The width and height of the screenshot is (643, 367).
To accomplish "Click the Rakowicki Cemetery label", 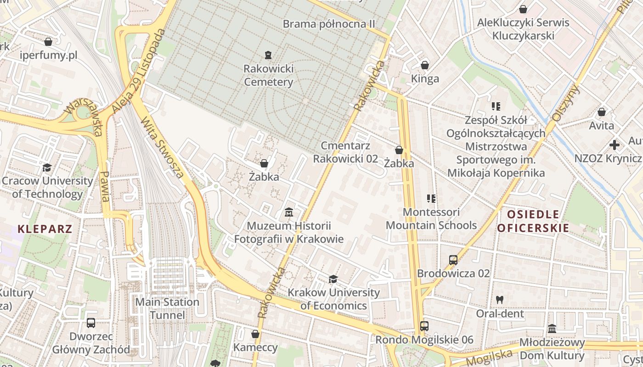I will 268,75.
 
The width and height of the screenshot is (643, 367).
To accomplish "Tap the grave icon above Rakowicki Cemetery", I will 268,56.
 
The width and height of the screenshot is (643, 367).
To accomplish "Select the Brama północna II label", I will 329,24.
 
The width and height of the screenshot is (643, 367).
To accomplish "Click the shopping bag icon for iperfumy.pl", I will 48,42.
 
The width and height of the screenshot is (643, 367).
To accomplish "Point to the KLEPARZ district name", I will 45,228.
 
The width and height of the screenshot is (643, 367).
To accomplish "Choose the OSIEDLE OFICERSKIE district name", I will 533,221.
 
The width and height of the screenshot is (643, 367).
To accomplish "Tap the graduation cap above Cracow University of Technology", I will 47,167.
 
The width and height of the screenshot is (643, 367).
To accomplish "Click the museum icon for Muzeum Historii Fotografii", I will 289,212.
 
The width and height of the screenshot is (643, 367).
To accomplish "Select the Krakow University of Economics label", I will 333,299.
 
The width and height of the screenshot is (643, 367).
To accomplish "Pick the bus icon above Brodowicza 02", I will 453,260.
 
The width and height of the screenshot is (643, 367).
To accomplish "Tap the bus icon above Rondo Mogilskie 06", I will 424,326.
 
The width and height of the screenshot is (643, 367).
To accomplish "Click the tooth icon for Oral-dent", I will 500,300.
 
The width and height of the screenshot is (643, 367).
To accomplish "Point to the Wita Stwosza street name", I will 163,147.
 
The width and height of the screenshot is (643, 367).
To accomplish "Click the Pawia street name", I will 105,187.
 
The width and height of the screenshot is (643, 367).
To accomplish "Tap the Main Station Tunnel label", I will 167,308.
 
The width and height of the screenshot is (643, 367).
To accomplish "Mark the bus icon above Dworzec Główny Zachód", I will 91,323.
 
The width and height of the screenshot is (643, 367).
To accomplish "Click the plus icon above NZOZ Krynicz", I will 614,145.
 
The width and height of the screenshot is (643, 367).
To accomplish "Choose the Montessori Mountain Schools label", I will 431,218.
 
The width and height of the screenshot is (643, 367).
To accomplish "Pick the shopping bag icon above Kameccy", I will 255,334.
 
